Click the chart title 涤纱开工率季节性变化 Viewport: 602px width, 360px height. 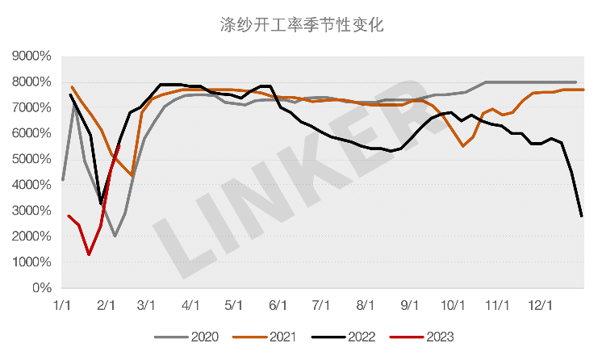tap(301, 25)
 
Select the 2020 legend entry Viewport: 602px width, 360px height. tap(194, 336)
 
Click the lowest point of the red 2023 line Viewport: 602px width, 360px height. tap(89, 254)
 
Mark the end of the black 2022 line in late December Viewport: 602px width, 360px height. tap(582, 216)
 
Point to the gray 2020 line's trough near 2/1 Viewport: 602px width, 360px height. tap(115, 236)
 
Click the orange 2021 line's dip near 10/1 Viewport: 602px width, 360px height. tap(462, 146)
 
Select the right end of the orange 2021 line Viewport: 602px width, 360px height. tap(583, 90)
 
